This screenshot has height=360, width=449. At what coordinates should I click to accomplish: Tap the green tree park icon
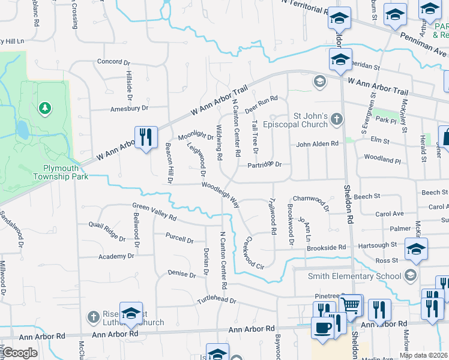(44, 108)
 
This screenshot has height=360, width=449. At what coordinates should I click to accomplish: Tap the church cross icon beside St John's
(337, 120)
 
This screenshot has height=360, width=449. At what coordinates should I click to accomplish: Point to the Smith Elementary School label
(354, 276)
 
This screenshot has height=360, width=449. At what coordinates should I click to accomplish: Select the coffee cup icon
(322, 328)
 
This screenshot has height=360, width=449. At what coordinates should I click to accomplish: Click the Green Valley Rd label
(155, 211)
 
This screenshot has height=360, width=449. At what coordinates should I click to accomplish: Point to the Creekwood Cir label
(254, 253)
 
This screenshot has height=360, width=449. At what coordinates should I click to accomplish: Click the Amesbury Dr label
(128, 108)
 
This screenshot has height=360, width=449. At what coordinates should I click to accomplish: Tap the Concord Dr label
(113, 62)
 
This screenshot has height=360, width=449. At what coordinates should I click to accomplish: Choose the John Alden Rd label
(318, 144)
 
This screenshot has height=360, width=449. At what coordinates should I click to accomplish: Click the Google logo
(20, 353)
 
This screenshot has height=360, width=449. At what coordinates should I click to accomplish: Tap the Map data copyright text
(423, 355)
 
